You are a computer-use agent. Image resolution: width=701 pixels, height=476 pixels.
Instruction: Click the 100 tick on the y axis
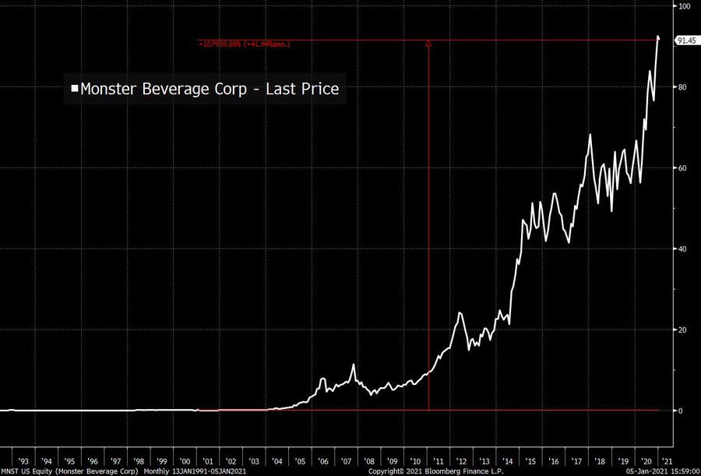point(685,6)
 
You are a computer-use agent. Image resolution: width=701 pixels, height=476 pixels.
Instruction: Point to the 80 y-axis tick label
point(684,87)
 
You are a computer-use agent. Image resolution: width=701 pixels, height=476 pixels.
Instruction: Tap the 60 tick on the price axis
point(684,168)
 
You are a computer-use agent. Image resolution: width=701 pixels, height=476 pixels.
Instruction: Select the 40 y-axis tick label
point(684,249)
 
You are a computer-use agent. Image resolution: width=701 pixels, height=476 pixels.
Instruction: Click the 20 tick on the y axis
point(684,330)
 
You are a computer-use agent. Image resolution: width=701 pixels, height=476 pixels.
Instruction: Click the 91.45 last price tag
point(686,41)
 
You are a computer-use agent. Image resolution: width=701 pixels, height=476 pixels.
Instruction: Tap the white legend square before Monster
point(75,89)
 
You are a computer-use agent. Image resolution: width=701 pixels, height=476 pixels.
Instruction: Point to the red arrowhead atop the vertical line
point(428,44)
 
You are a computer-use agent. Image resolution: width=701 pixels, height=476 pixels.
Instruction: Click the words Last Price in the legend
point(302,89)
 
